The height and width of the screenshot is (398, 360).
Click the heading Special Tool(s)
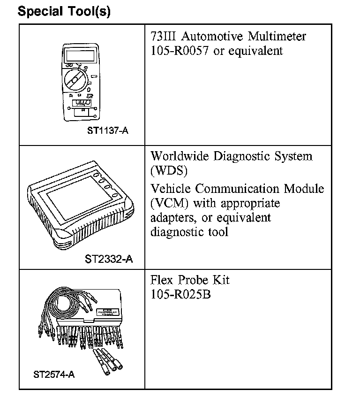click(x=64, y=11)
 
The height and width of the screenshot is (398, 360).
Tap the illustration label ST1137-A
click(x=107, y=130)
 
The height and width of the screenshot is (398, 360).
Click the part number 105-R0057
click(x=180, y=51)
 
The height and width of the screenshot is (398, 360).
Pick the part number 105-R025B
click(x=180, y=295)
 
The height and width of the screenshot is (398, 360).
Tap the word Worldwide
click(x=180, y=156)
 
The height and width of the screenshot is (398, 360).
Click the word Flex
click(x=162, y=281)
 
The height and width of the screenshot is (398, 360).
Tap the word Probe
click(x=191, y=281)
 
